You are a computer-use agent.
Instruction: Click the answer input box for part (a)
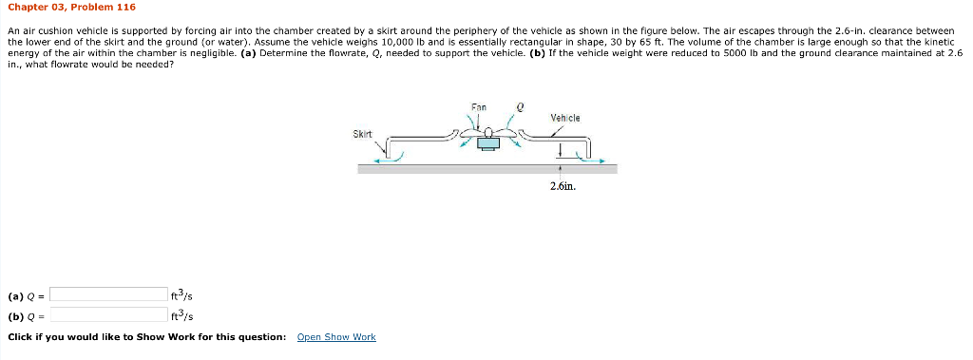[x=108, y=294]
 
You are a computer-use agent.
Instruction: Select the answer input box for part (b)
[x=108, y=314]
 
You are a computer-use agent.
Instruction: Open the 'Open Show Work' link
[x=336, y=337]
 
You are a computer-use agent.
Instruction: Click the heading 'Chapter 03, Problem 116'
[x=71, y=8]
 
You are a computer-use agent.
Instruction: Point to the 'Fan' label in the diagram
[x=479, y=106]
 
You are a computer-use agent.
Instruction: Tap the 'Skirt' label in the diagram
[x=362, y=134]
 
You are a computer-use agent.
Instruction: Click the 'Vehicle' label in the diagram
[x=564, y=118]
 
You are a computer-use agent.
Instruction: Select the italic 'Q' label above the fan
[x=520, y=107]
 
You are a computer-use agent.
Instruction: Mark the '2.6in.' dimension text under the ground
[x=563, y=185]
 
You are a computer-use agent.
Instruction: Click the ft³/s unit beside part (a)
[x=181, y=295]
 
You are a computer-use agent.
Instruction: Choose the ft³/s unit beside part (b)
[x=181, y=315]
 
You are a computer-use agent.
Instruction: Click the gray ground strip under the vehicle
[x=486, y=169]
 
